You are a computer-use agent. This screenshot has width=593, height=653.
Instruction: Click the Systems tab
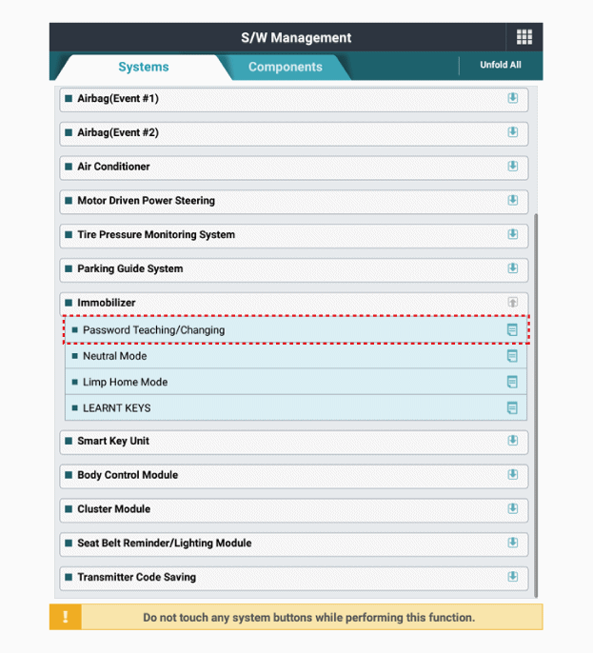[x=143, y=67]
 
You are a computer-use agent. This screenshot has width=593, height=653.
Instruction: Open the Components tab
[x=285, y=67]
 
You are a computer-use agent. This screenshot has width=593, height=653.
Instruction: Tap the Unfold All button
[x=500, y=66]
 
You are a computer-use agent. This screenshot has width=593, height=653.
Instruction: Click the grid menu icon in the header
[x=524, y=37]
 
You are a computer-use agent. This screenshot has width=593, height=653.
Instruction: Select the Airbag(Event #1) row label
[x=118, y=98]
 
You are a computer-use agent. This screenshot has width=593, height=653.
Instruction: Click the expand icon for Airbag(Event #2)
[x=512, y=132]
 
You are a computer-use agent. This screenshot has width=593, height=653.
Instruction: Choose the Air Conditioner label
[x=113, y=167]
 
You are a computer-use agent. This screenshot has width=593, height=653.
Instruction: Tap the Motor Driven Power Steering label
[x=146, y=201]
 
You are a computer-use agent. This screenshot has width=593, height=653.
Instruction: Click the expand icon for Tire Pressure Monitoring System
[x=512, y=234]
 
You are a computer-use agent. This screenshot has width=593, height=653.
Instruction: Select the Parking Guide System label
[x=129, y=268]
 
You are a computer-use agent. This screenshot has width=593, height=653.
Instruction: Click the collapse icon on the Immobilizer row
[x=512, y=303]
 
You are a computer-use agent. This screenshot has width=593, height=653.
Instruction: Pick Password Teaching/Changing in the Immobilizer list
[x=153, y=330]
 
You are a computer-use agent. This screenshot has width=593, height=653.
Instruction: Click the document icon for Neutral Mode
[x=512, y=356]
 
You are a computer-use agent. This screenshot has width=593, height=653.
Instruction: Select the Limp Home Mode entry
[x=125, y=382]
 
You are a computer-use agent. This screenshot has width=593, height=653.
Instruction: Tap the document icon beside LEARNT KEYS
[x=512, y=408]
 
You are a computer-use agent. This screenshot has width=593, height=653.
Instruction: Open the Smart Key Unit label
[x=113, y=441]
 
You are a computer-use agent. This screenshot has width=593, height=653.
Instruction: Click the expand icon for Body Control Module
[x=512, y=475]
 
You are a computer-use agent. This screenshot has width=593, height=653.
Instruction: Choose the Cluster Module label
[x=113, y=509]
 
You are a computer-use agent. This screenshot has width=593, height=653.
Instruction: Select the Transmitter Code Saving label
[x=136, y=577]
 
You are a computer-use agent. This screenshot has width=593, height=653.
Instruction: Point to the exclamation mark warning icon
[x=66, y=617]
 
